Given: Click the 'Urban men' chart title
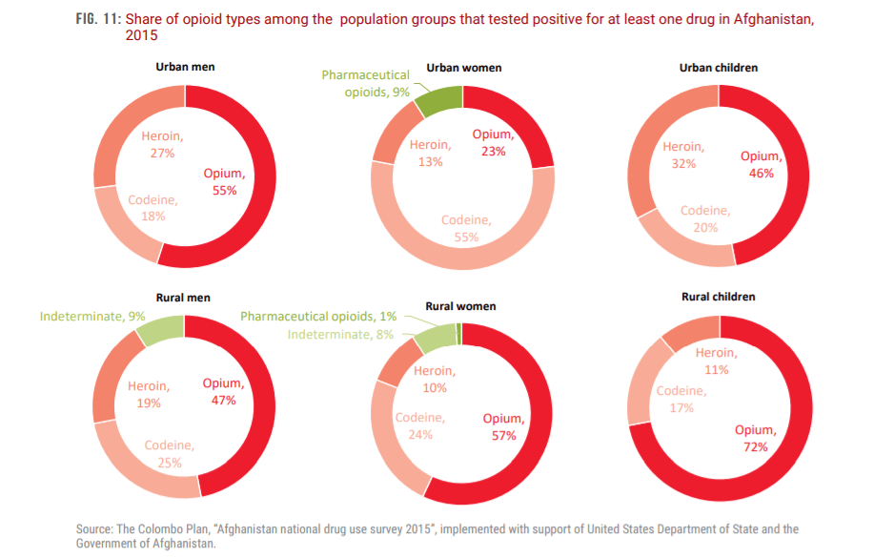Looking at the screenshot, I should (185, 67).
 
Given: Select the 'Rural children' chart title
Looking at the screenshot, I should (719, 297).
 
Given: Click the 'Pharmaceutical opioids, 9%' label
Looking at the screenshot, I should (366, 83).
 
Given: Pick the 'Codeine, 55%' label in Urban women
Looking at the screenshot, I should (466, 229).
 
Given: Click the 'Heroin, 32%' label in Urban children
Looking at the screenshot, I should (683, 155).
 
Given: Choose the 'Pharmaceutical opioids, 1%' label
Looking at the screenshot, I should (318, 317).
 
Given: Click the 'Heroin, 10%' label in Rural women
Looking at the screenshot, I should (434, 379).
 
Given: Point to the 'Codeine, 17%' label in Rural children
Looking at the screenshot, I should (681, 399).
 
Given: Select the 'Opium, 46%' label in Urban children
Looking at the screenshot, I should (761, 164).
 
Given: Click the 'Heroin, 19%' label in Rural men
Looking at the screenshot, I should (148, 394).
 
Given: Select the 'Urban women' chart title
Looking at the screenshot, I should (463, 68).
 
